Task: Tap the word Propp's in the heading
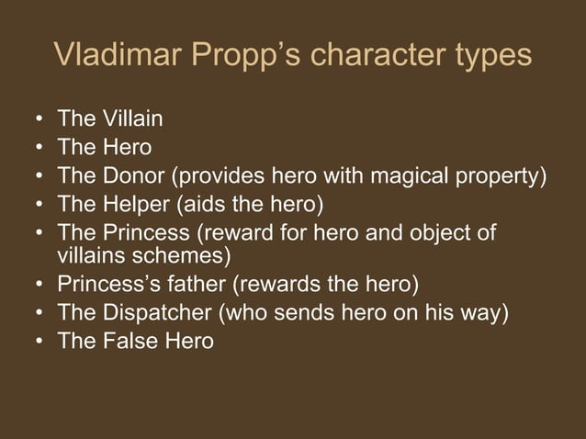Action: coord(246,55)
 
